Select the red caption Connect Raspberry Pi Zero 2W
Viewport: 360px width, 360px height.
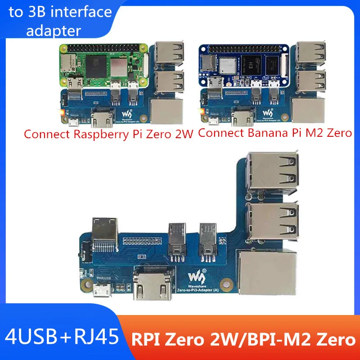point(108,134)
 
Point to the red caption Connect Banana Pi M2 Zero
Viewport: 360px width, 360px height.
point(274,133)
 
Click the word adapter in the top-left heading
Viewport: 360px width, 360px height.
point(54,30)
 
